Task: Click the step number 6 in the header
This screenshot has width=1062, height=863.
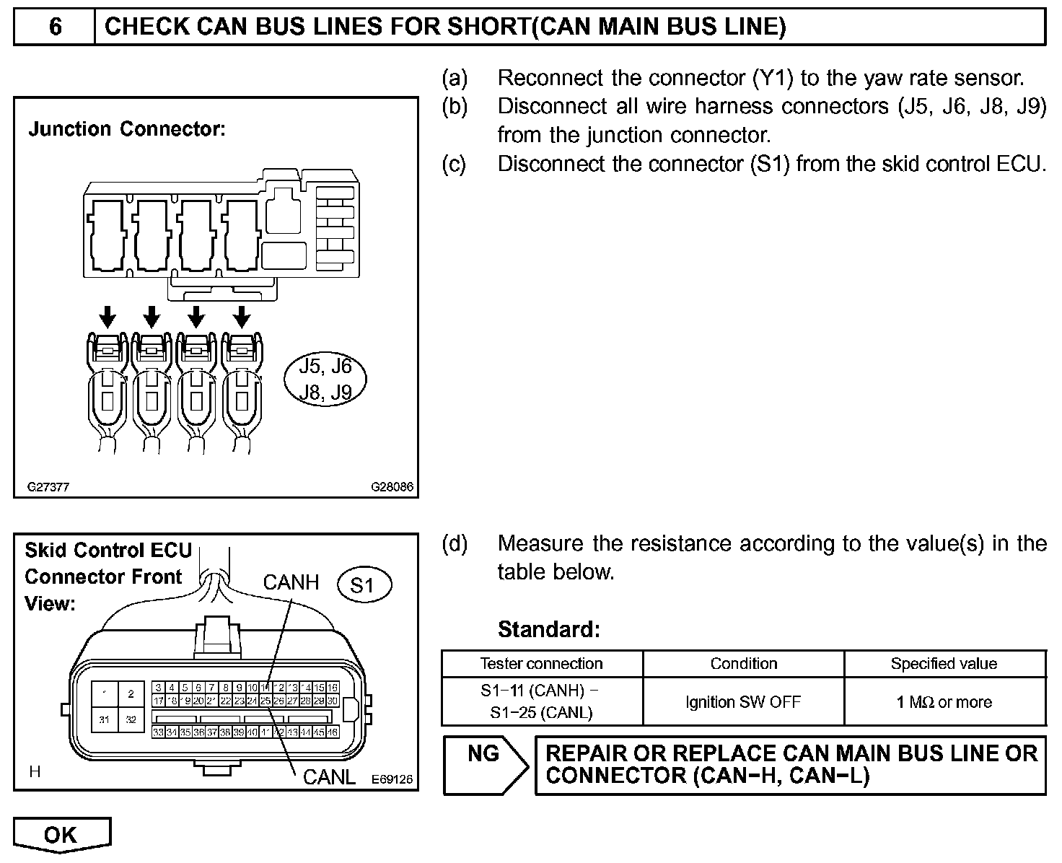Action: click(x=55, y=27)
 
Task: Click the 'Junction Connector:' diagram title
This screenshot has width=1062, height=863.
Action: click(x=127, y=130)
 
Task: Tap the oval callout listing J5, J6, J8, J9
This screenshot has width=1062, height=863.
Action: click(x=325, y=379)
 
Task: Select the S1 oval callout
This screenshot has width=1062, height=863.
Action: click(x=364, y=585)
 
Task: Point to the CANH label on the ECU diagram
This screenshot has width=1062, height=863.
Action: click(x=291, y=582)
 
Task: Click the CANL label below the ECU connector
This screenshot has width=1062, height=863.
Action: click(x=329, y=776)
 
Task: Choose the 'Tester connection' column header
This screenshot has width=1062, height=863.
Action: click(x=541, y=664)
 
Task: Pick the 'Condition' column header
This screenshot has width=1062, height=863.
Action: click(x=743, y=664)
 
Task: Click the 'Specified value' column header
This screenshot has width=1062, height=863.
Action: click(x=944, y=664)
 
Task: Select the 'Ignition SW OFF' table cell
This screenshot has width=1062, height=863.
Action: click(x=743, y=702)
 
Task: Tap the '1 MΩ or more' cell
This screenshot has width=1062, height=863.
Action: click(x=944, y=702)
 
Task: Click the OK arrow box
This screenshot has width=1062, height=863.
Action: click(x=61, y=835)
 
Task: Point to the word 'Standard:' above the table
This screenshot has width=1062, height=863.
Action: click(x=548, y=630)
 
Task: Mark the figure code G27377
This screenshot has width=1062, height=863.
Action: click(x=48, y=487)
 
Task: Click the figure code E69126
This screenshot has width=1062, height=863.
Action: click(x=392, y=779)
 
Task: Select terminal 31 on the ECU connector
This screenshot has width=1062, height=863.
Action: click(x=105, y=719)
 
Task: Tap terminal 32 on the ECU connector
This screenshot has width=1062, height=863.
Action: click(x=131, y=719)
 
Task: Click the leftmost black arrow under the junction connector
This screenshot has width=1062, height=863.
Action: click(x=107, y=315)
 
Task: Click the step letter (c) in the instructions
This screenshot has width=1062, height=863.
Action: click(x=454, y=165)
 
